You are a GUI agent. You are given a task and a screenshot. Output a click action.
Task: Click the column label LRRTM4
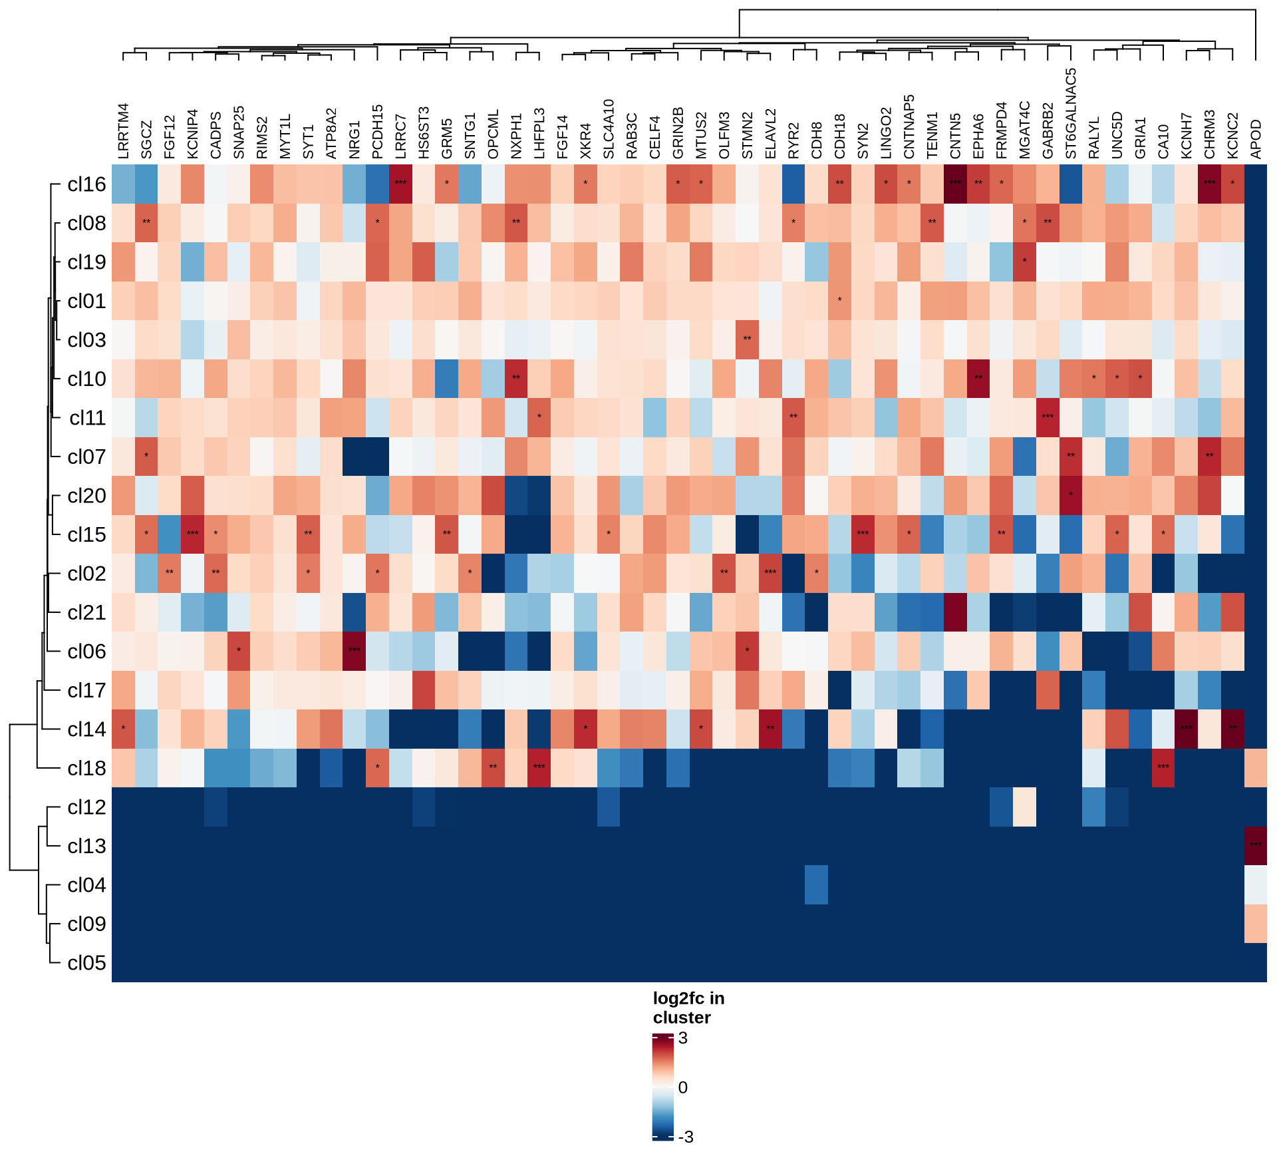click(123, 132)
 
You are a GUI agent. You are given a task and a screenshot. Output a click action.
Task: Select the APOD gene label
click(1256, 140)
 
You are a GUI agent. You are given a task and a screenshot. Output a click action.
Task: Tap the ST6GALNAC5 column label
click(1071, 114)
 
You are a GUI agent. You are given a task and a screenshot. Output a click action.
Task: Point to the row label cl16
click(86, 184)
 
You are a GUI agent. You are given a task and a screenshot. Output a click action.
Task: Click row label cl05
click(86, 963)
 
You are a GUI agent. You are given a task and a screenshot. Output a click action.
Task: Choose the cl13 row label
click(86, 846)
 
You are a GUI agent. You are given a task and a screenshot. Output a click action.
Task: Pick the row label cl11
click(87, 418)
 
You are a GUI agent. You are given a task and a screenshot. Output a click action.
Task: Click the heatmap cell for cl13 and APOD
click(1256, 846)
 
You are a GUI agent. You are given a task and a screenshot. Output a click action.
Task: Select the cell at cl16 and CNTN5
click(955, 184)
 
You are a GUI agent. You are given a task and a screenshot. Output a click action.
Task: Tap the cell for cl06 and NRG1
click(355, 652)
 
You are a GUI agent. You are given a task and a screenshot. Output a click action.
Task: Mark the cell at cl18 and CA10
click(1163, 768)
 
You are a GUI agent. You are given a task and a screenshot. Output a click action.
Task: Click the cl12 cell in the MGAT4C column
click(1024, 807)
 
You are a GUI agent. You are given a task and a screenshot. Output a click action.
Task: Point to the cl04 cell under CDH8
click(817, 885)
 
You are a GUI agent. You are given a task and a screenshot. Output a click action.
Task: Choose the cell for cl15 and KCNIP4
click(192, 534)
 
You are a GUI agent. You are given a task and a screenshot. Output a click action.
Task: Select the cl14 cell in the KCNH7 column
click(1186, 729)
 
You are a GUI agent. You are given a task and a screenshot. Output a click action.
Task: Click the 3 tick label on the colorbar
click(683, 1038)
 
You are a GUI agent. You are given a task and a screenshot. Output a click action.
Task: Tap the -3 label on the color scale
click(686, 1137)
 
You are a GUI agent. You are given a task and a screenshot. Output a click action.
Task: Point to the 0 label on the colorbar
click(683, 1087)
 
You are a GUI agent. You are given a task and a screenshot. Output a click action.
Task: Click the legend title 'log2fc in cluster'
click(688, 1008)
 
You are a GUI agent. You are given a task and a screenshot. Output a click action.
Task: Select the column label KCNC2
click(1232, 136)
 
